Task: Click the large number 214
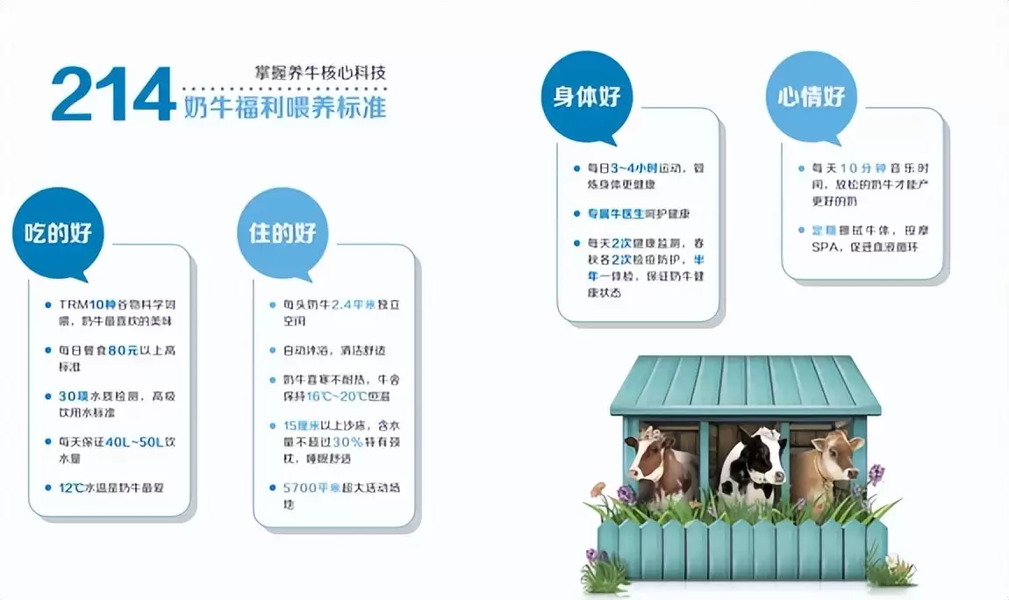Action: tap(112, 94)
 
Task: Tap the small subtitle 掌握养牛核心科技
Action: tap(316, 74)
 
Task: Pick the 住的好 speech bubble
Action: tap(283, 232)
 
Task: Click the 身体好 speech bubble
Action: tap(586, 96)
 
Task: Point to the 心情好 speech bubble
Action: tap(811, 96)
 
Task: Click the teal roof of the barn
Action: tap(745, 382)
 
